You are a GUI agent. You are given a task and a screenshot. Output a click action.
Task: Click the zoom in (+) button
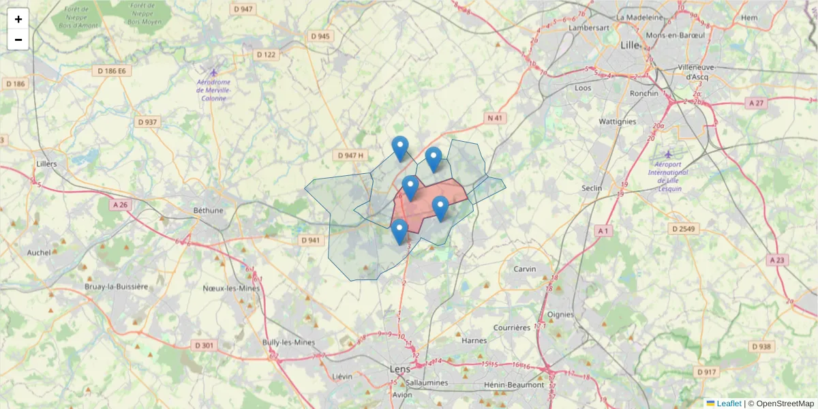[18, 19]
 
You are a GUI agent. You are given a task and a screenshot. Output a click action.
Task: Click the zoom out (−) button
[18, 40]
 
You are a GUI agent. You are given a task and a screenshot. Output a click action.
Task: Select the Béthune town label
[208, 210]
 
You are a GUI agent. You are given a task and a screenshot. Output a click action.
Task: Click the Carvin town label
[525, 269]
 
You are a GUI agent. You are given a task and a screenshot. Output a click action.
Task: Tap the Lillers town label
[46, 164]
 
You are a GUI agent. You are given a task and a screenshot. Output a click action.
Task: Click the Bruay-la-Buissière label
[116, 287]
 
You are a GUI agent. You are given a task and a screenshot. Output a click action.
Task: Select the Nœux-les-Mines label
[231, 288]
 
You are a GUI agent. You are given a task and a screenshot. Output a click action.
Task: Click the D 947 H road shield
[351, 155]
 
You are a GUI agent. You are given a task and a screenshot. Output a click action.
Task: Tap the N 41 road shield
[495, 118]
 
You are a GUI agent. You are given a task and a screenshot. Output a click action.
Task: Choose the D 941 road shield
[310, 240]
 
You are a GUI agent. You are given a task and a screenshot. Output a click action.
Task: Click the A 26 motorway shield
[121, 204]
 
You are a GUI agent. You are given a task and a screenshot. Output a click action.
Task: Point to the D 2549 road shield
[682, 228]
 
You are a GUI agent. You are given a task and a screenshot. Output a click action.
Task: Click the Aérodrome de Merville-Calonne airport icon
[214, 73]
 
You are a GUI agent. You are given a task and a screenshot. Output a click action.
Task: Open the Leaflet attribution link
[728, 404]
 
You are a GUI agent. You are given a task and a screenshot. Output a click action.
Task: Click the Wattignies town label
[617, 122]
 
